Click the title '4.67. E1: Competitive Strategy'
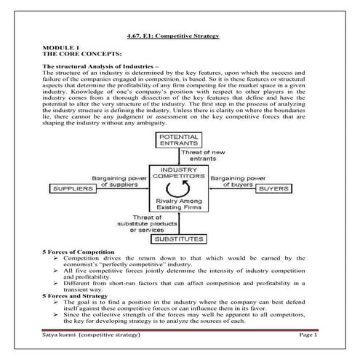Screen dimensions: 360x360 [x=178, y=36]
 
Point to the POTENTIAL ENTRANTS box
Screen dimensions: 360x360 [x=180, y=140]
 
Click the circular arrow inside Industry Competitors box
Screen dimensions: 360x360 [x=180, y=190]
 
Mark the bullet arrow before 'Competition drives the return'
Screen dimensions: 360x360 [x=57, y=257]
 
